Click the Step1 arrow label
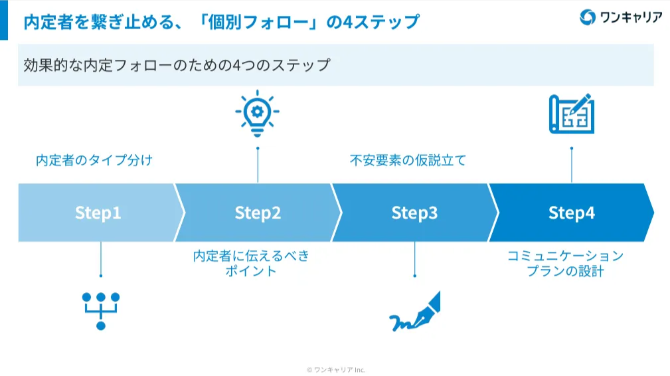click(x=98, y=213)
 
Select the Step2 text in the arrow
click(x=258, y=213)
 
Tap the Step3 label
click(x=414, y=213)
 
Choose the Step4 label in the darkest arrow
click(x=571, y=213)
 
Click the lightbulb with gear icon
click(x=257, y=114)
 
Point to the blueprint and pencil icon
click(x=571, y=114)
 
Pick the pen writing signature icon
click(x=414, y=312)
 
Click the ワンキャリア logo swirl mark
click(x=587, y=18)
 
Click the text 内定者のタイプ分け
click(x=94, y=160)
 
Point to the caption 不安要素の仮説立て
click(x=408, y=160)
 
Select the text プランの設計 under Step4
click(x=565, y=271)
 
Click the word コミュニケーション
click(x=565, y=256)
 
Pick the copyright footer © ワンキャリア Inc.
click(x=335, y=369)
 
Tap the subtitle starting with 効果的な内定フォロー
click(x=177, y=65)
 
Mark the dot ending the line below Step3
click(x=414, y=275)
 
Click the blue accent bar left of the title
click(x=4, y=20)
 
